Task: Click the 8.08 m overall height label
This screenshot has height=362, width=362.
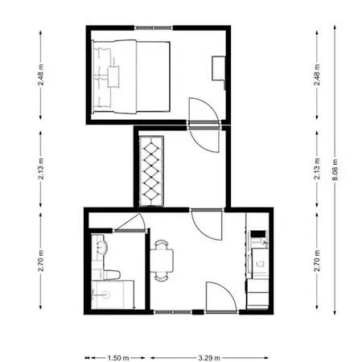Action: tap(335, 170)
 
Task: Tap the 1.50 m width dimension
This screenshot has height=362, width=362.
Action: tap(118, 358)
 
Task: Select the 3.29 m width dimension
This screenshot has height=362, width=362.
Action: tap(209, 358)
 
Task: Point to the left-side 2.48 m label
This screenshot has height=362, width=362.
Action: tap(40, 75)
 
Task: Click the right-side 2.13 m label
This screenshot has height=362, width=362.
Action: tap(317, 169)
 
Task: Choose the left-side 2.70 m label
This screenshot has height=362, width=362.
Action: tap(40, 261)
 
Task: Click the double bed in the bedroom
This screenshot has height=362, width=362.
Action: tap(131, 76)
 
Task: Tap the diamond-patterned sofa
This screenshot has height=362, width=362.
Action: tap(151, 171)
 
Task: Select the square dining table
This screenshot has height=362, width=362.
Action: tap(162, 261)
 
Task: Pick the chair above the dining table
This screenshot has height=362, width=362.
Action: tap(162, 245)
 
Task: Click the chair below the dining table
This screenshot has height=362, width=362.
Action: tap(162, 277)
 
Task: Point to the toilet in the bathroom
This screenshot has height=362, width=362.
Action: tap(112, 274)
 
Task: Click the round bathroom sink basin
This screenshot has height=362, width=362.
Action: tap(101, 247)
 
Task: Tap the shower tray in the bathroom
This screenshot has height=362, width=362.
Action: tap(113, 294)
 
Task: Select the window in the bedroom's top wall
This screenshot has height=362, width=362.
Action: tap(154, 27)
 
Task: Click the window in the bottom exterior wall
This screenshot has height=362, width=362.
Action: tap(173, 312)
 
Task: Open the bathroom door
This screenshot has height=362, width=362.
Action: tap(130, 223)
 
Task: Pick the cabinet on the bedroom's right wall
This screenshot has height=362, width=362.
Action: tap(219, 68)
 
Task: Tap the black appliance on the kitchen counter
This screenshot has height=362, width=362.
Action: tap(258, 234)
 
